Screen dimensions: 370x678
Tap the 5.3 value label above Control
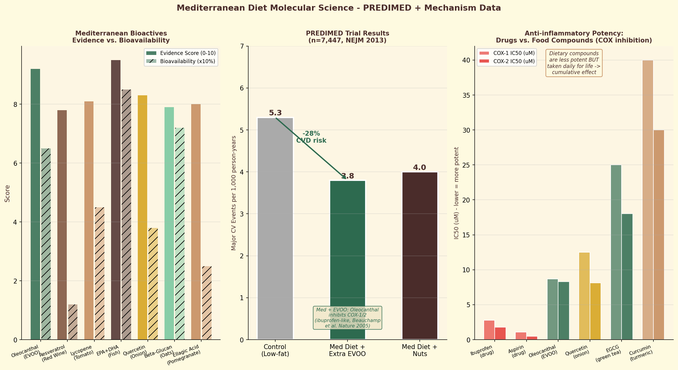tap(275, 113)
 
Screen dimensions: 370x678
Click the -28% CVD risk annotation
tap(311, 137)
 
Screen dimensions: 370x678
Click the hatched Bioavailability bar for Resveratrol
tap(73, 322)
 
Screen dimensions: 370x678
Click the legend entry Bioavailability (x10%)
tap(187, 61)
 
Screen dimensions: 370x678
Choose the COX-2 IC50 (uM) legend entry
tap(514, 61)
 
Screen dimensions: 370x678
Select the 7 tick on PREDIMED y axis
tap(242, 46)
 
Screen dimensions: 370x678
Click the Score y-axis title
tap(7, 193)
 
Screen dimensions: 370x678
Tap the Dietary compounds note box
tap(574, 63)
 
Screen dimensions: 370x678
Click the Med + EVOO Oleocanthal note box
tap(347, 318)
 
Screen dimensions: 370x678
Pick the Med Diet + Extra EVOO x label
tap(347, 350)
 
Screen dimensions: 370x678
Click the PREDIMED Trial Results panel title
tap(347, 37)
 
